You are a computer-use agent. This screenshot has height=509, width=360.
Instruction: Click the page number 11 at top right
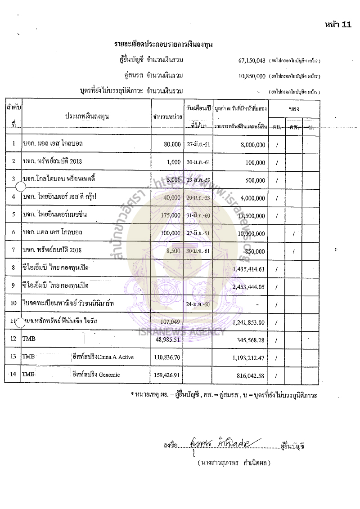coord(346,25)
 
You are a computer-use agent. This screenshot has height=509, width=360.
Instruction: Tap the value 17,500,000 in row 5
coord(251,215)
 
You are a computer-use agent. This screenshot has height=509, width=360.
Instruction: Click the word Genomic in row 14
coord(108,375)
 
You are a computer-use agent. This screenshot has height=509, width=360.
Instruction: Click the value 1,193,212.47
coord(249,357)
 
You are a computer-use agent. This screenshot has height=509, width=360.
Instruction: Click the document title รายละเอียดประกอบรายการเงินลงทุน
coord(163,45)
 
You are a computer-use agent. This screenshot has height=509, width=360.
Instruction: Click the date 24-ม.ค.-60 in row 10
coord(197,304)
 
